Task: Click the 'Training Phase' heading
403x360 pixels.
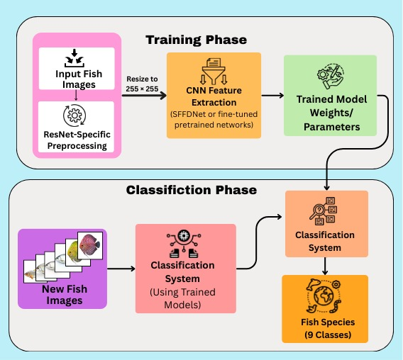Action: [x=197, y=39]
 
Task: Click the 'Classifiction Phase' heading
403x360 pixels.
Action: [x=192, y=190]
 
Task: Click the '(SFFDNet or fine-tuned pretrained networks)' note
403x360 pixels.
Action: [x=214, y=120]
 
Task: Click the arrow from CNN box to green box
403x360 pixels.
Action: [x=271, y=96]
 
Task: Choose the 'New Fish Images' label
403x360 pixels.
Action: [x=62, y=294]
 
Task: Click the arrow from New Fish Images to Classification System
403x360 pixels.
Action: [x=121, y=269]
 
